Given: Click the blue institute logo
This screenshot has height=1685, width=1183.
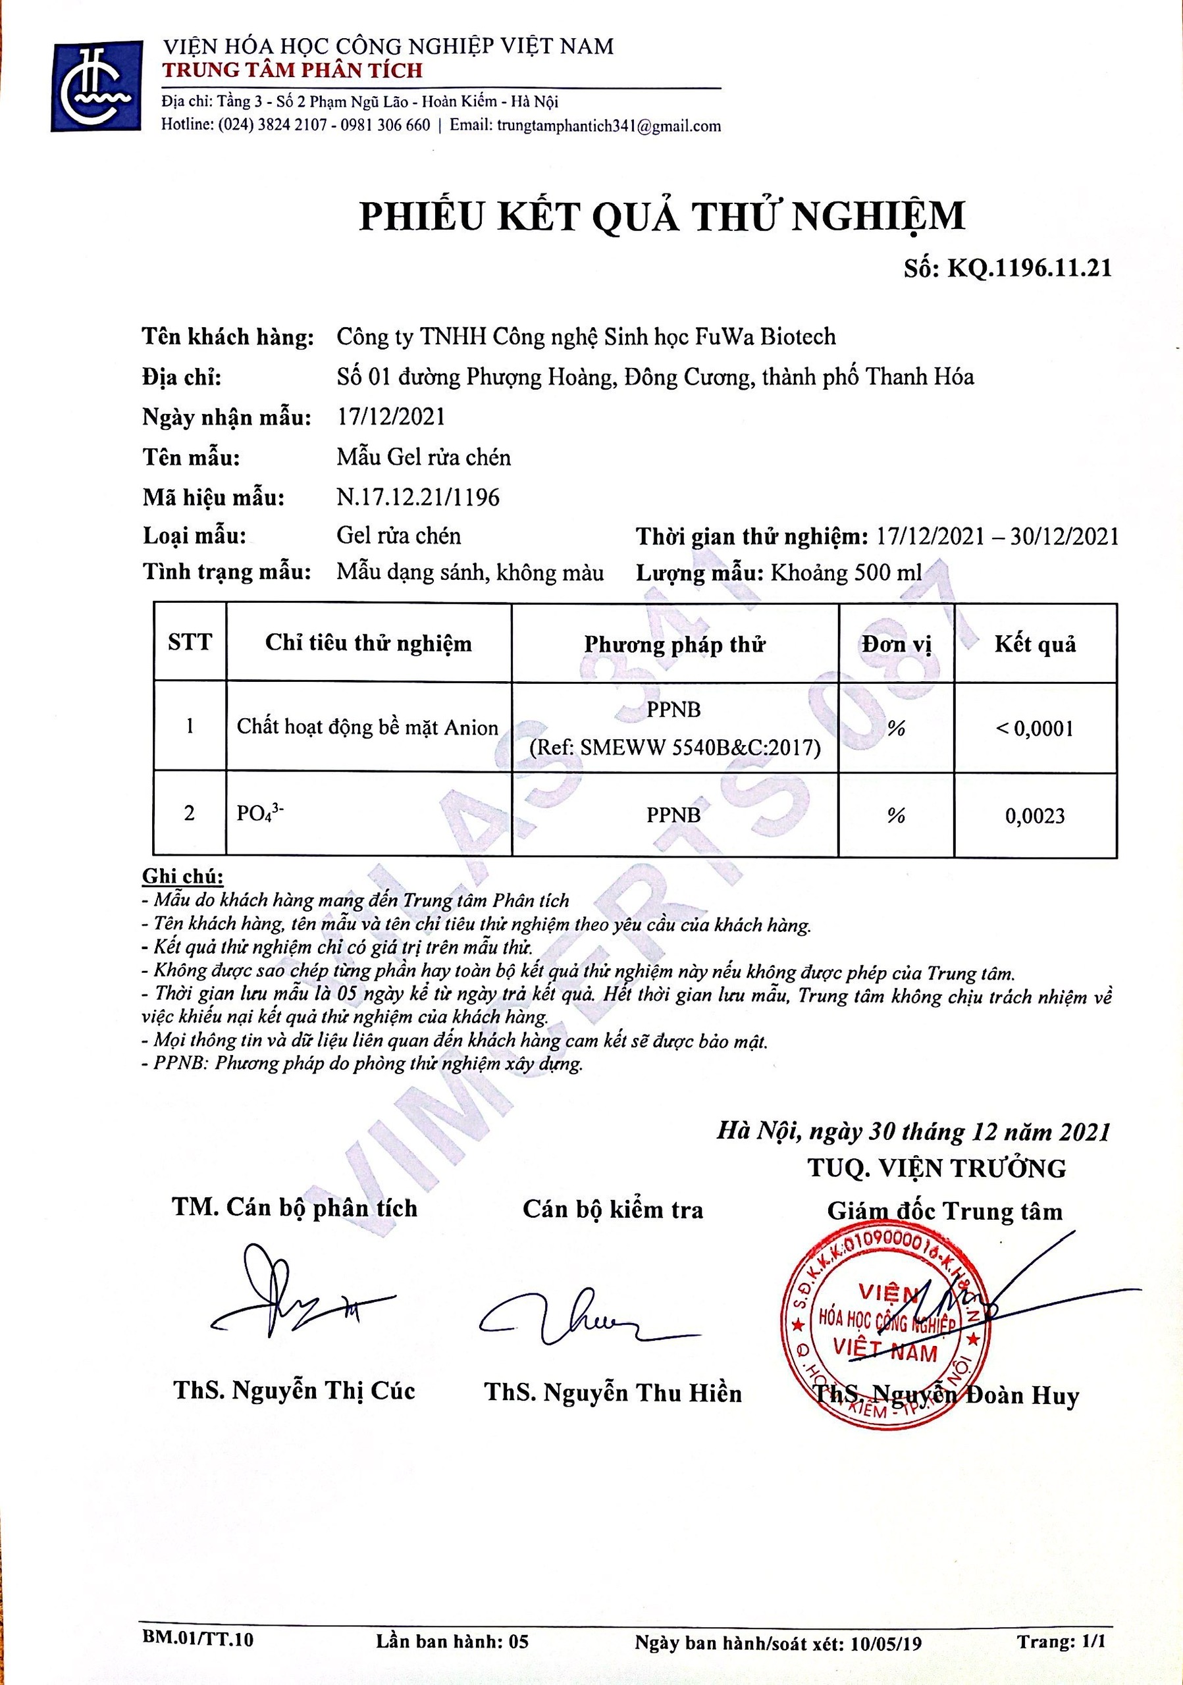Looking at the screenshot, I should [x=97, y=87].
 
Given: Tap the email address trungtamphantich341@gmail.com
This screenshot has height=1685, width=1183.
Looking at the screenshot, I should [x=608, y=126].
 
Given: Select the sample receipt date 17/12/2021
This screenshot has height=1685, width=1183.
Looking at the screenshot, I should [x=390, y=417].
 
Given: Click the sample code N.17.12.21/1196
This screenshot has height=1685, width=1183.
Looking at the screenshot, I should [x=417, y=498].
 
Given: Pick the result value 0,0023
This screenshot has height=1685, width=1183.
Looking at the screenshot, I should [x=1035, y=816].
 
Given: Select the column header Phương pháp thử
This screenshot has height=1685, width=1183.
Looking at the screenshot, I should [x=674, y=644].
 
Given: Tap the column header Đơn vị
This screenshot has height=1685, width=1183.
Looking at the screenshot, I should [x=896, y=644].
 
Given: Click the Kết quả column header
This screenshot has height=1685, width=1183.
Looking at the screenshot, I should [x=1035, y=644].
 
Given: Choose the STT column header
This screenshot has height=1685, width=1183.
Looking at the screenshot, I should [x=190, y=643].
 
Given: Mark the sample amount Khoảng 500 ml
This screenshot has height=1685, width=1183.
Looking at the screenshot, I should [x=845, y=573].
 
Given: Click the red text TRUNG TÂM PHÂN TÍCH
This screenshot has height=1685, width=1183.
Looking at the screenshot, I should [x=292, y=70].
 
